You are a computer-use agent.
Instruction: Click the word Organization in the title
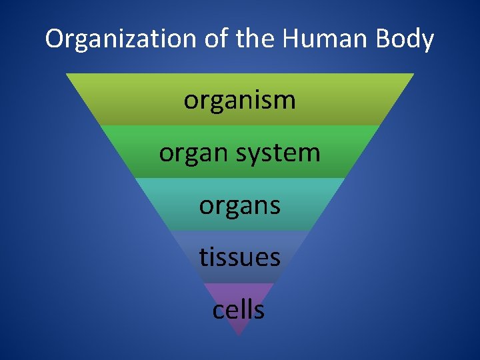113,40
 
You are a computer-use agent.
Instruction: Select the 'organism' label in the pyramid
239,101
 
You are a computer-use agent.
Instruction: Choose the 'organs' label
239,206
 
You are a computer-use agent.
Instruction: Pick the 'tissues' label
239,257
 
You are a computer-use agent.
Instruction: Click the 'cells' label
239,309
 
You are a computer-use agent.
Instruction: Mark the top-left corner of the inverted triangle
66,74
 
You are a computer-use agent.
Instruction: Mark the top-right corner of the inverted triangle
413,74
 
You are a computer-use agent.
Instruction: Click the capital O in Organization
54,40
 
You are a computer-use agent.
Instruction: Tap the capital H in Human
291,40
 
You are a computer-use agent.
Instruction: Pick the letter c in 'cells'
218,311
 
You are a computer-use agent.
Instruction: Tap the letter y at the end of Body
427,43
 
